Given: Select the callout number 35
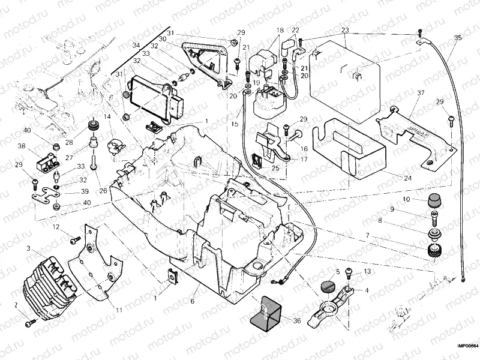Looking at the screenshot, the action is tap(458, 38).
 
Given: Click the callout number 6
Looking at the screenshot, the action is tap(193, 301).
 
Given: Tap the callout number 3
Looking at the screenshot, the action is tap(28, 247).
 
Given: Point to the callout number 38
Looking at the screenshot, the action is tap(21, 146).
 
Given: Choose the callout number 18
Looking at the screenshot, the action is tap(280, 30).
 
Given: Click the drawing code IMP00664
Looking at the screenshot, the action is tap(467, 346).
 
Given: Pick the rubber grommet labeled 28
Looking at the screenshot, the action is tap(93, 125).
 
